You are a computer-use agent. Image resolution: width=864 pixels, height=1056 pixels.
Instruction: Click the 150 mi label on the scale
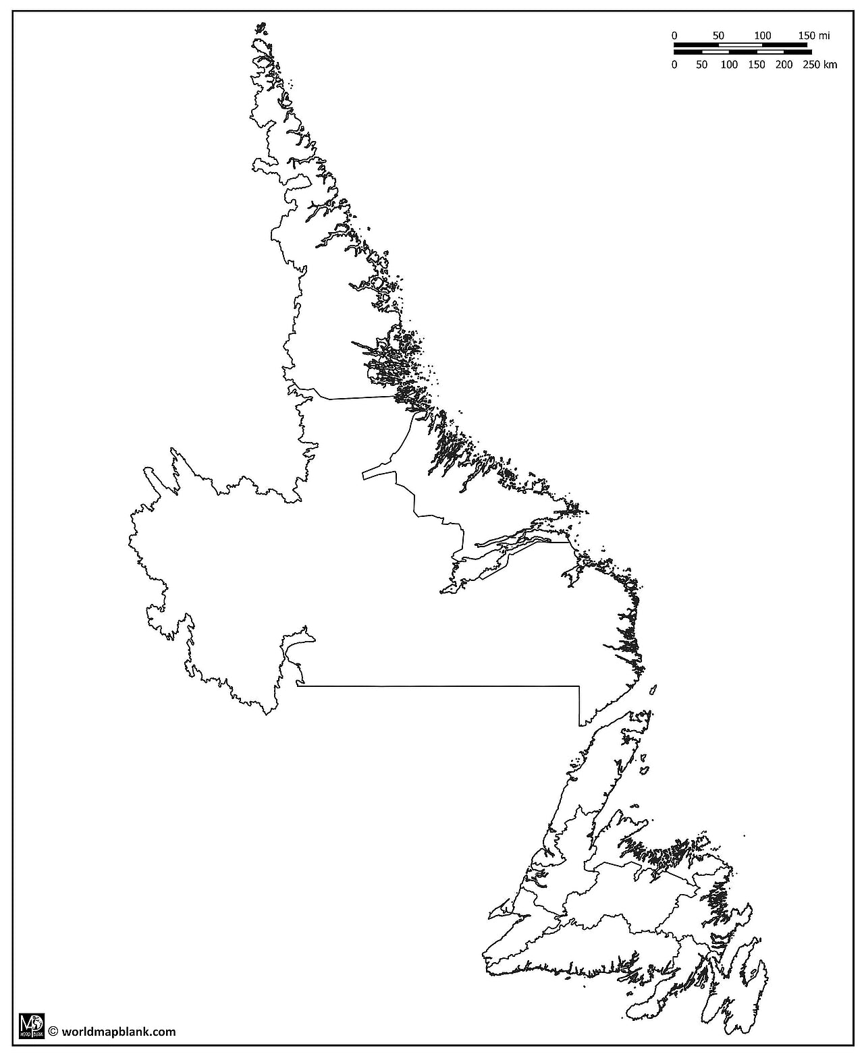814,35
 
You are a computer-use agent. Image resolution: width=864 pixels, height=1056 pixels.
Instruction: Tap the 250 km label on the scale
820,65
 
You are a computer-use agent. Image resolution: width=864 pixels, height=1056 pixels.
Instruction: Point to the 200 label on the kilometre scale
784,65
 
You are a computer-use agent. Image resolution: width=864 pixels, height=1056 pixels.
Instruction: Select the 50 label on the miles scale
718,35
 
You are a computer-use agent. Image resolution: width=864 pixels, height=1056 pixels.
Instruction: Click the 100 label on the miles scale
762,35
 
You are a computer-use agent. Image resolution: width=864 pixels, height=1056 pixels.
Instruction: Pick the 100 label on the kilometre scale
729,65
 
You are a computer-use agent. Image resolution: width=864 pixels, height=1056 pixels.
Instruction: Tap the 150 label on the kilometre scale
757,65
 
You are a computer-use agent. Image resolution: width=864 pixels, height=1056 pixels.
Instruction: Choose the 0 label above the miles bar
674,35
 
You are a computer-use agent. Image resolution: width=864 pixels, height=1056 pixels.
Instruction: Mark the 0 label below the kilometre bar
674,65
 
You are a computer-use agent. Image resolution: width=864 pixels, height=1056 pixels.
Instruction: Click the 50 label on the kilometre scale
702,65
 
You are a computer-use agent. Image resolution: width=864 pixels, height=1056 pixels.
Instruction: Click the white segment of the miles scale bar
740,45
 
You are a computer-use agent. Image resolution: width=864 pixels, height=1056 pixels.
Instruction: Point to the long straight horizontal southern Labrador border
439,686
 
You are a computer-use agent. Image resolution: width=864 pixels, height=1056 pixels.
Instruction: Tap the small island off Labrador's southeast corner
653,690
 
